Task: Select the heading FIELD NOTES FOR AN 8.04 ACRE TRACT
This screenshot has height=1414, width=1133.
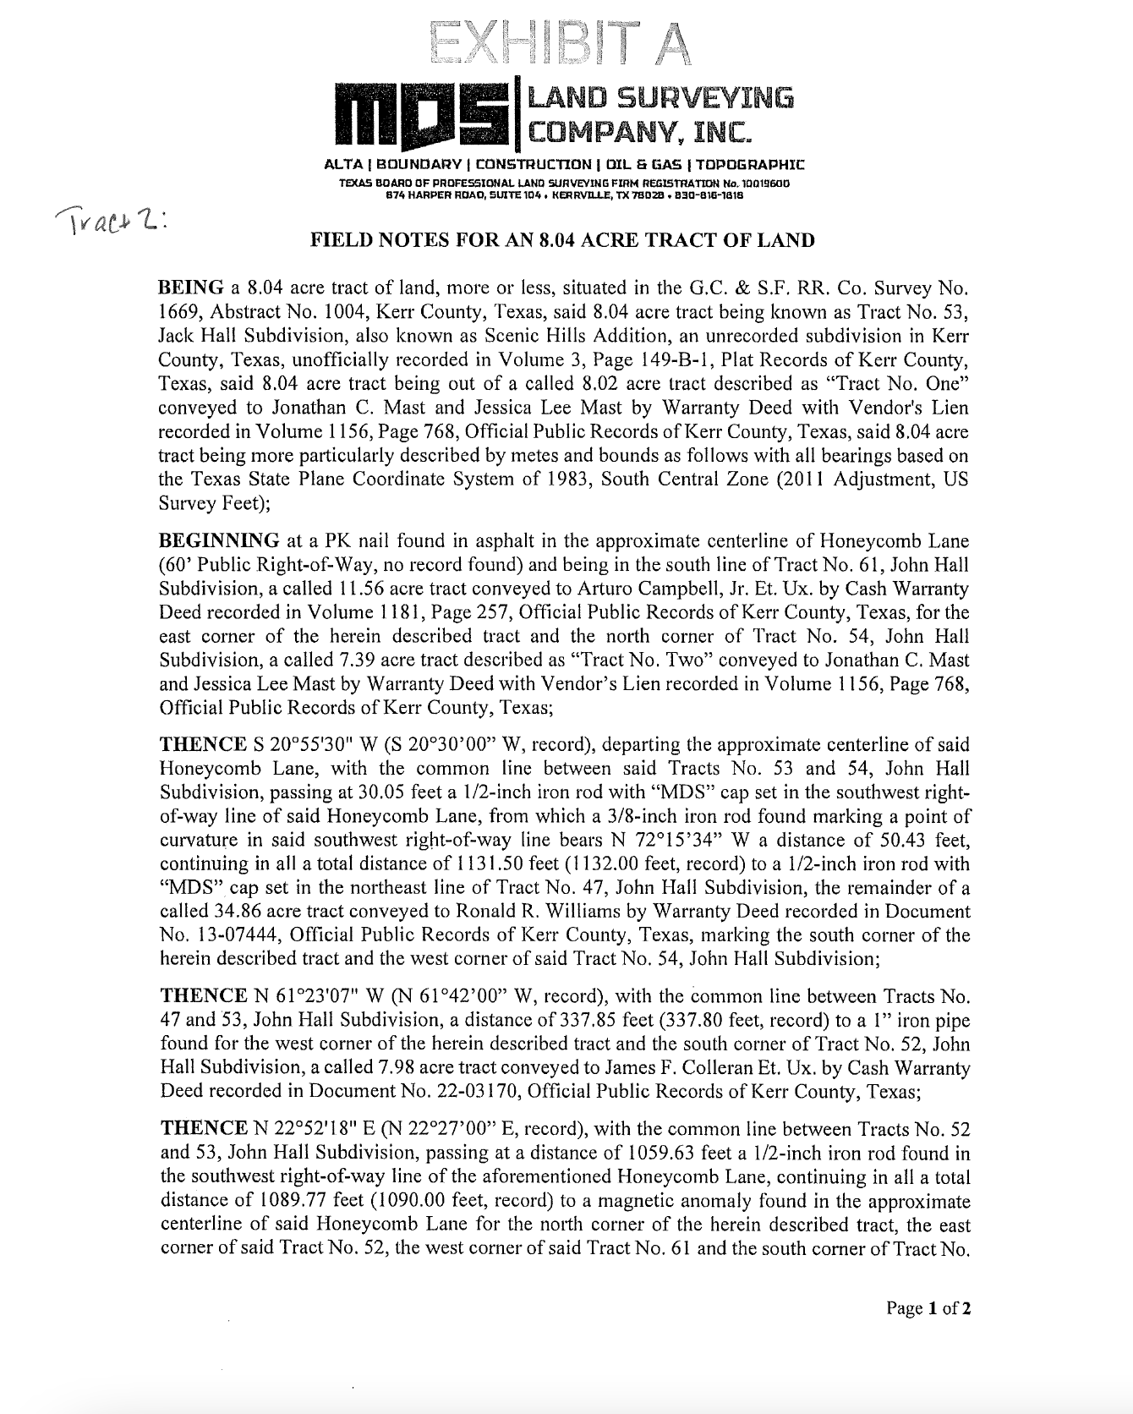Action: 563,240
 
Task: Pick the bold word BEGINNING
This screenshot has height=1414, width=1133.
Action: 219,540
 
